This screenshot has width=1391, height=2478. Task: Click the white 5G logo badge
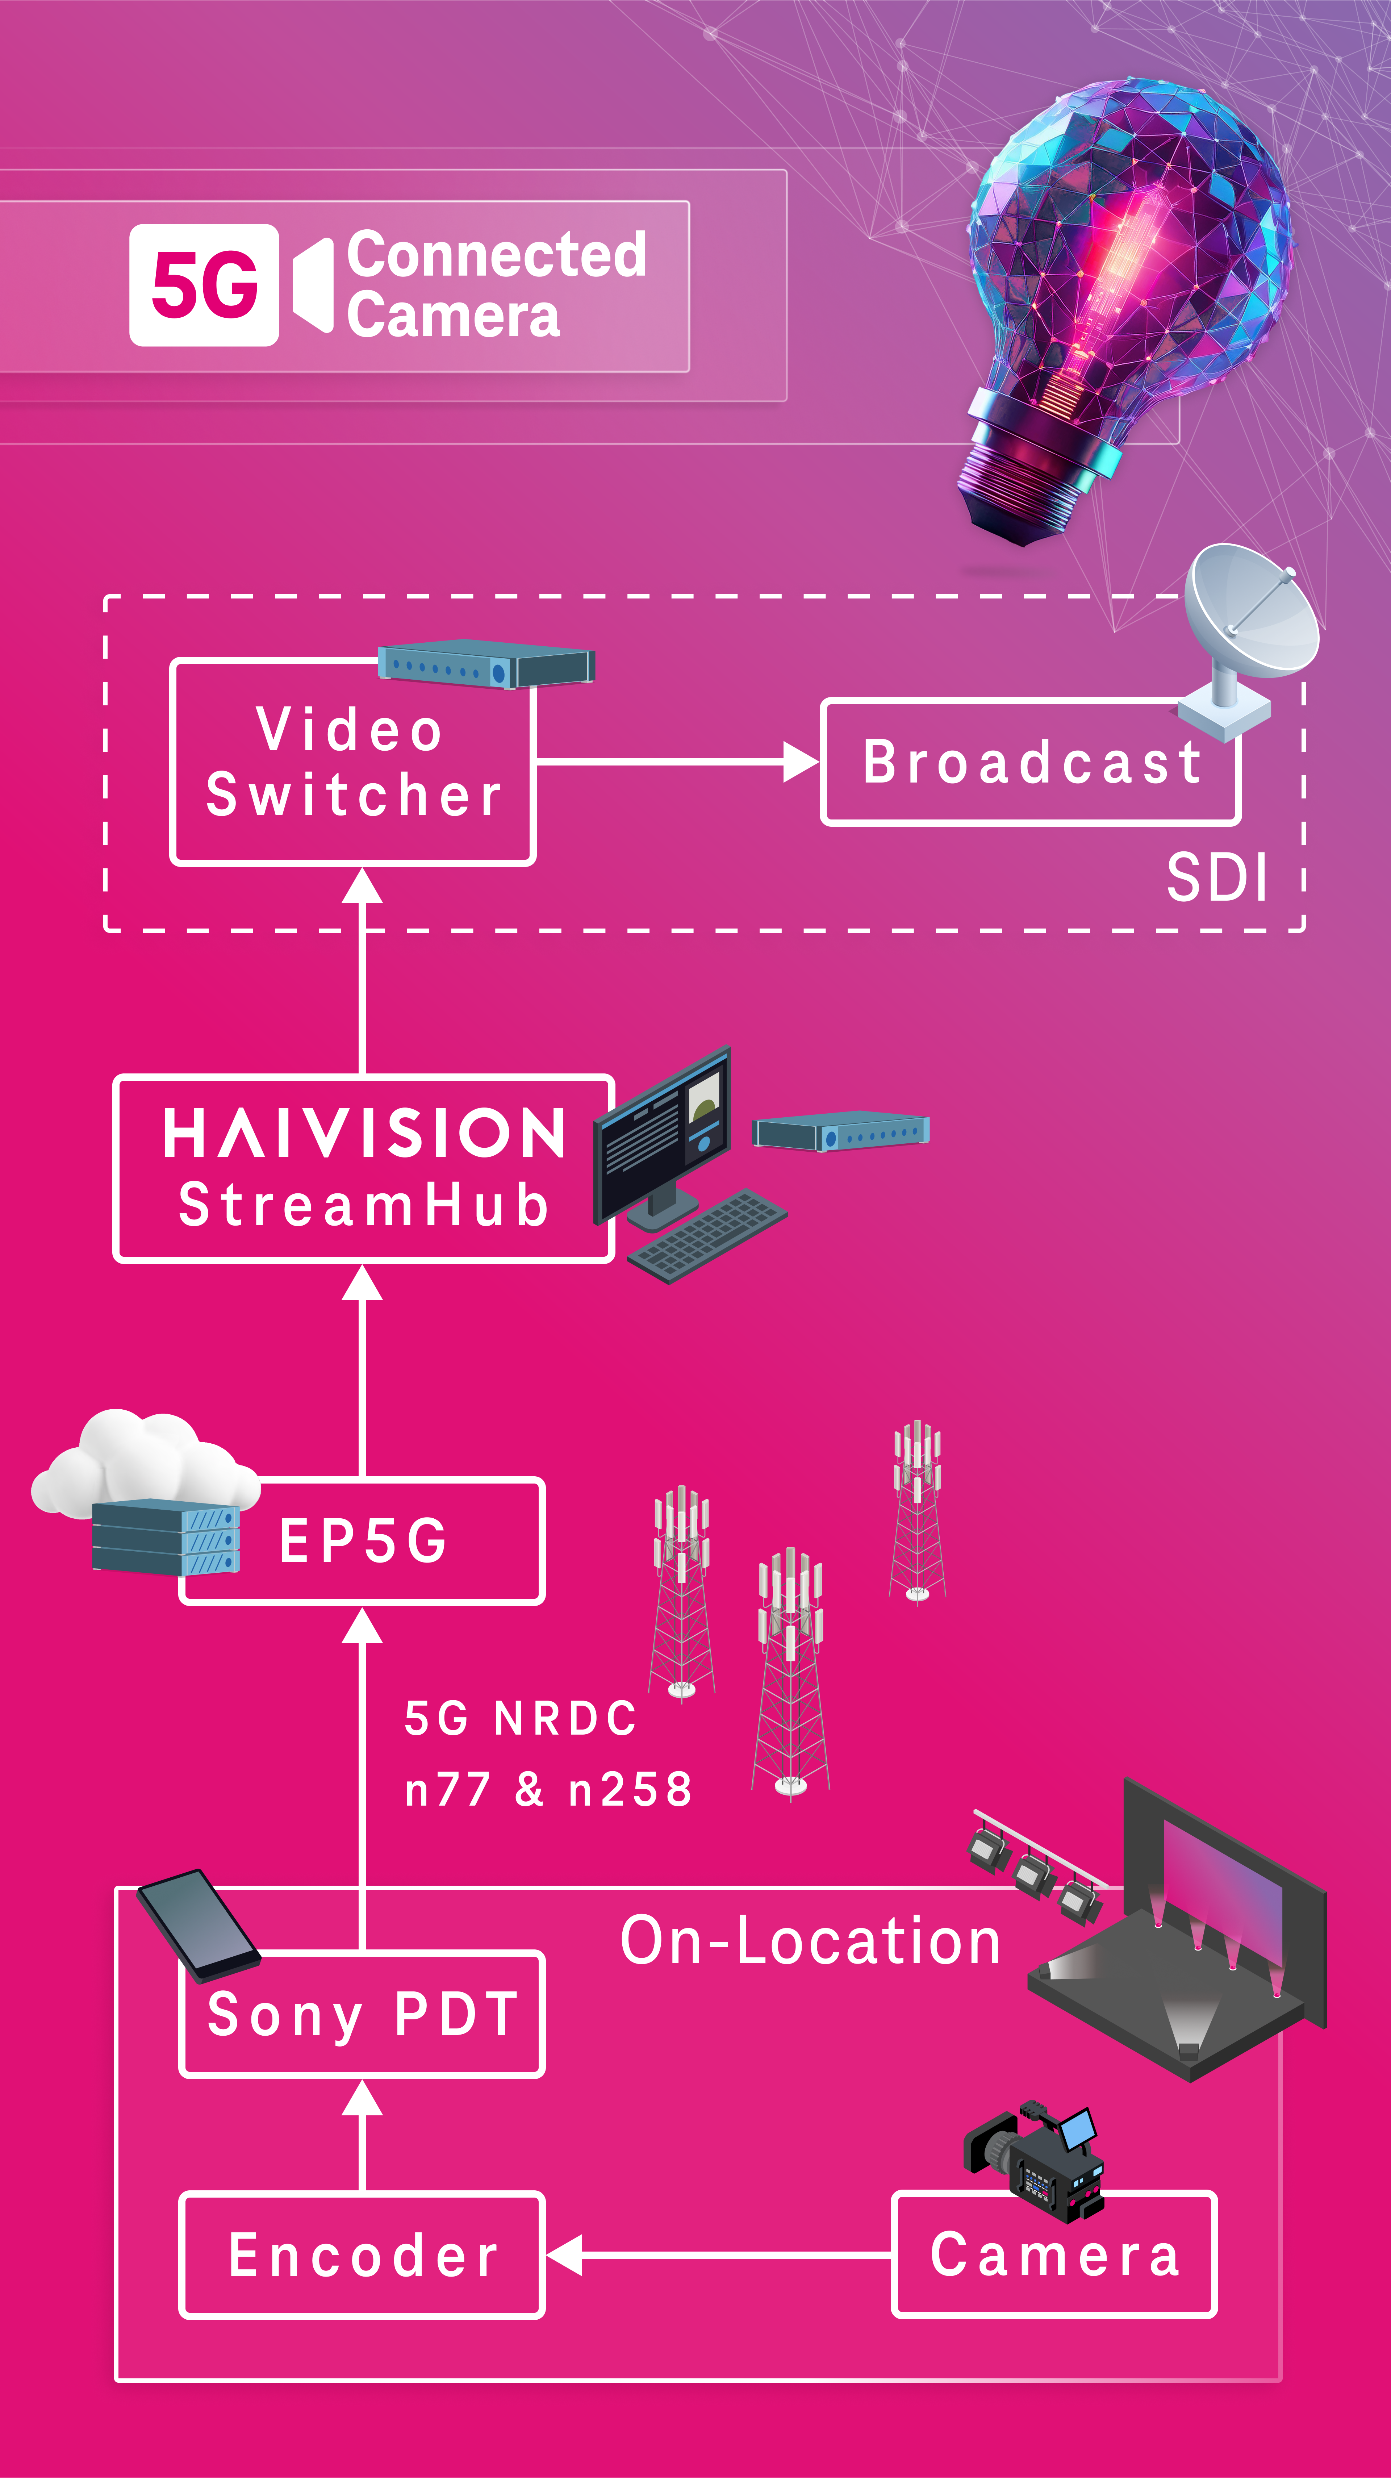[204, 285]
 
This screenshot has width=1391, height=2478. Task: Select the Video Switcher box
[352, 762]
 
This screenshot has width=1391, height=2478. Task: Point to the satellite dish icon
[1246, 635]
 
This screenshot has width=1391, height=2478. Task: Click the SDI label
[1217, 877]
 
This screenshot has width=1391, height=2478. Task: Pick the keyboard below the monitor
[707, 1236]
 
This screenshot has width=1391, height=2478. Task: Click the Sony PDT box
[362, 2014]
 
